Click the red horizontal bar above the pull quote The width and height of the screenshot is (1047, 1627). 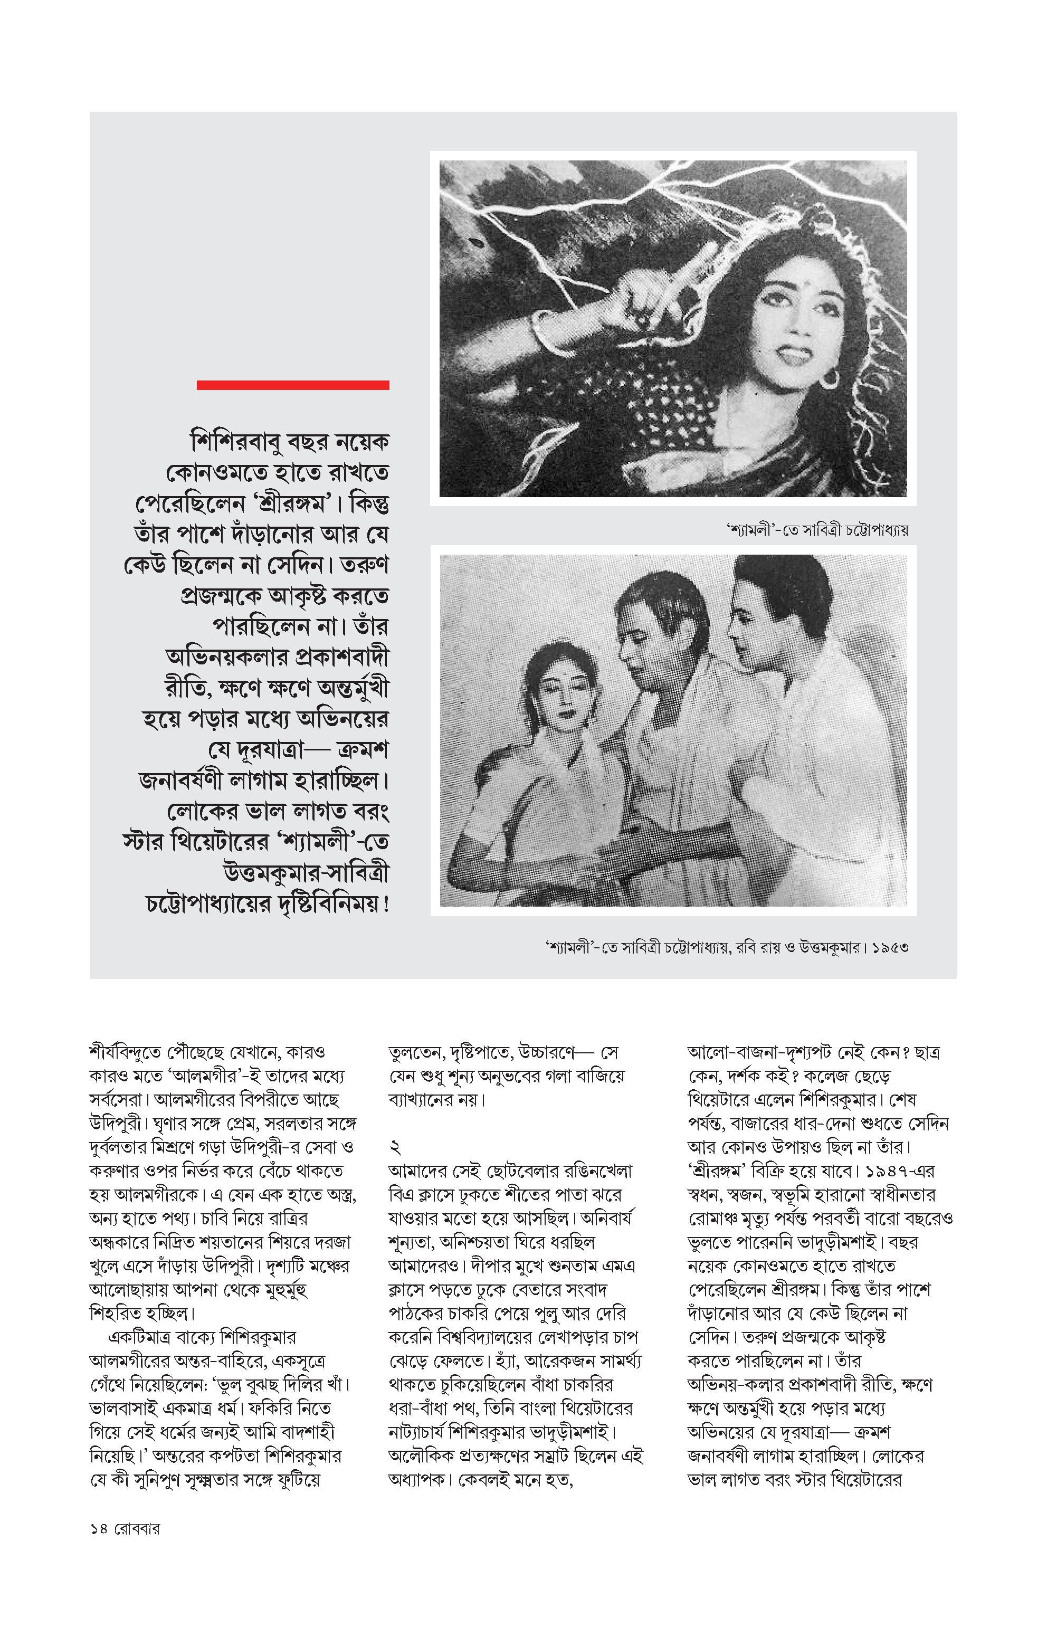pyautogui.click(x=292, y=385)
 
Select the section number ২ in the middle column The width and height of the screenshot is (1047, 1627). pyautogui.click(x=395, y=1148)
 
